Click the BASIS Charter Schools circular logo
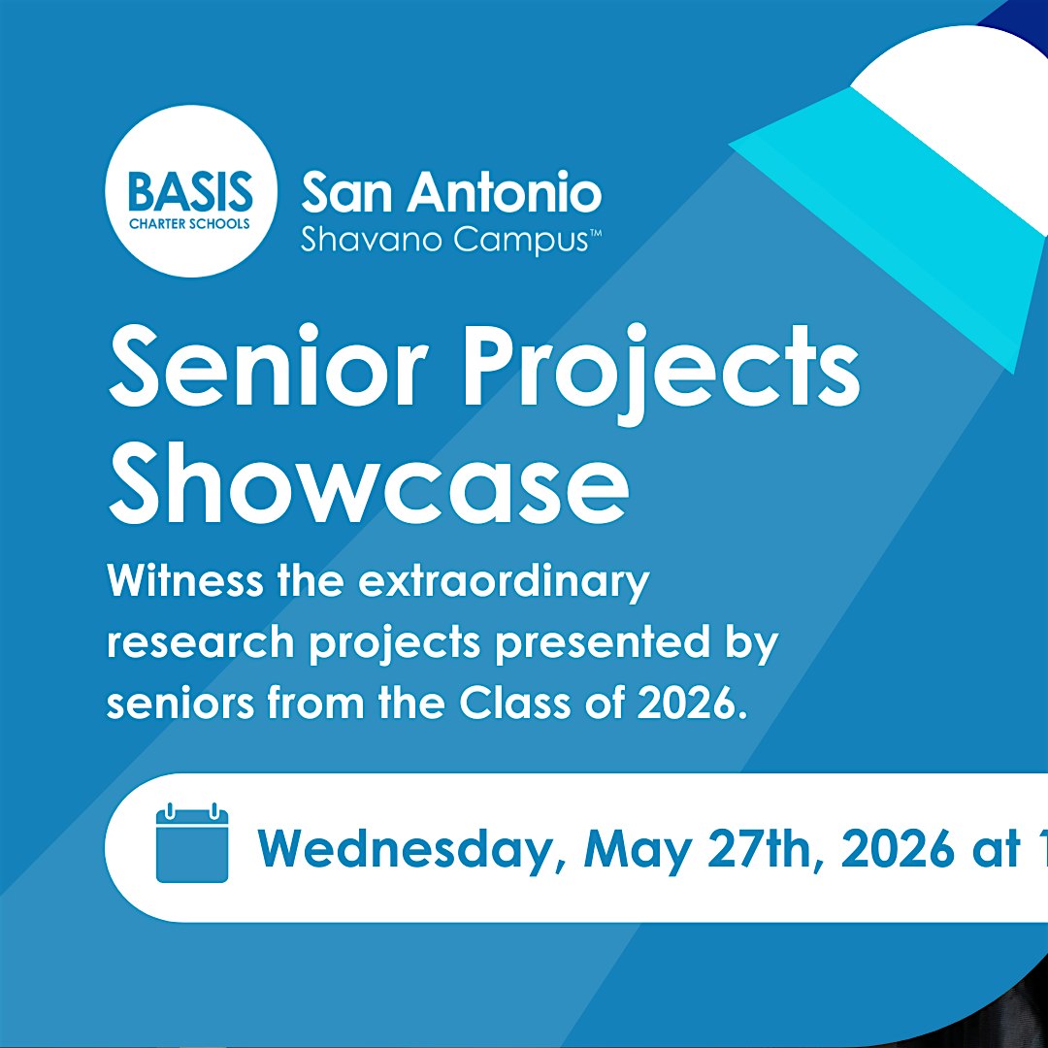(191, 191)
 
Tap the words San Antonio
(452, 192)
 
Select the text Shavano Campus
(443, 241)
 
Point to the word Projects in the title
(661, 375)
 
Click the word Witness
(184, 581)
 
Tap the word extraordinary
(504, 584)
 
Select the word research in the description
(201, 642)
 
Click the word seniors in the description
(180, 704)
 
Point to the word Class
(514, 704)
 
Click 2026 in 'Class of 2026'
(691, 704)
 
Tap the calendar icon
(192, 843)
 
